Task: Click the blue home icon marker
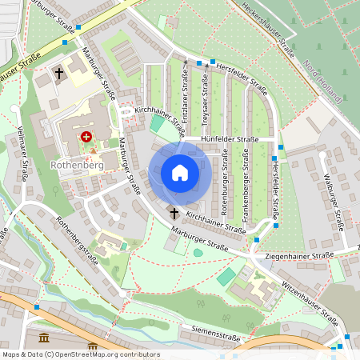[x=180, y=173]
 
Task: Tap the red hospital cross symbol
[x=86, y=137]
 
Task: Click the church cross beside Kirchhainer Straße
[x=174, y=213]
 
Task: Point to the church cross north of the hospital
[x=59, y=74]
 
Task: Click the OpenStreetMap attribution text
[x=80, y=354]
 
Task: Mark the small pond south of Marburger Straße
[x=198, y=253]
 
